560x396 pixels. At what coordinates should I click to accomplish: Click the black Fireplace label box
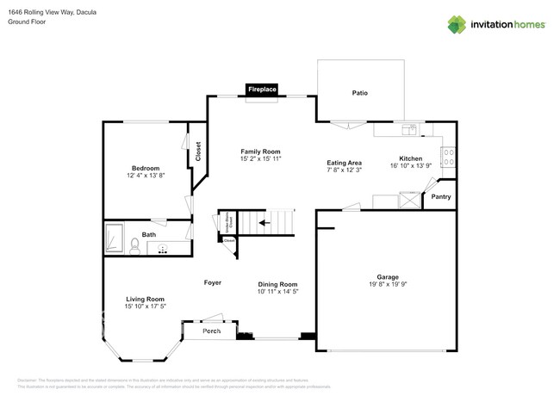tap(262, 90)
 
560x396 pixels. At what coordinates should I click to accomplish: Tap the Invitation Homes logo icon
tap(457, 25)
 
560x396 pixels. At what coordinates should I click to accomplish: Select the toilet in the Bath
tap(134, 246)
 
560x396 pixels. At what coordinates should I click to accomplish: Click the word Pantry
tap(440, 197)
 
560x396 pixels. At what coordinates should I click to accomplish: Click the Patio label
tap(359, 92)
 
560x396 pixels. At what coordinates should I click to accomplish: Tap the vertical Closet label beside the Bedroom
tap(197, 152)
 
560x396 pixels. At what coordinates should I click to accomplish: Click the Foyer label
tap(213, 282)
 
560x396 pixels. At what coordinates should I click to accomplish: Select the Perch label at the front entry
tap(211, 331)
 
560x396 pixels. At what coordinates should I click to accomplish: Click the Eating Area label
tap(344, 162)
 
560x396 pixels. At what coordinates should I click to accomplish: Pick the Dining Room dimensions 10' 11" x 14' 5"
tap(277, 293)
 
